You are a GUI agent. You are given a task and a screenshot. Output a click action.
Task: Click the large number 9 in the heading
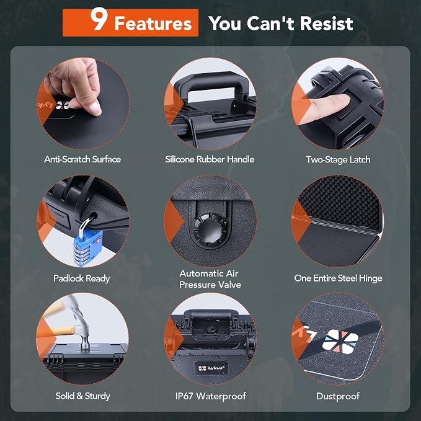tap(99, 19)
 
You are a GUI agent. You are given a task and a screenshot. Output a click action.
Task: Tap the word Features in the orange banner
tap(153, 24)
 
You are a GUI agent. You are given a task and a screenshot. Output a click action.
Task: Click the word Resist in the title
tap(327, 23)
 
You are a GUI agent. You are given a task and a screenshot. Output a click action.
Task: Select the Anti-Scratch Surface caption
tap(82, 159)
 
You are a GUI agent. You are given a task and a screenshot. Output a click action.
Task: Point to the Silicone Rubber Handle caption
tap(210, 159)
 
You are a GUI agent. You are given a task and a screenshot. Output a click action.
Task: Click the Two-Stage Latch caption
tap(338, 159)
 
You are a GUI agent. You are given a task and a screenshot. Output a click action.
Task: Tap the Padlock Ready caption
tap(82, 278)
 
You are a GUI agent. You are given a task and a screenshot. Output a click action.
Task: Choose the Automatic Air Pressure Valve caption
tap(210, 279)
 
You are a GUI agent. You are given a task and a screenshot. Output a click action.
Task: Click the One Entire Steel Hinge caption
tap(338, 278)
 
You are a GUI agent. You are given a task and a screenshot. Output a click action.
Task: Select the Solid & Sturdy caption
tap(82, 396)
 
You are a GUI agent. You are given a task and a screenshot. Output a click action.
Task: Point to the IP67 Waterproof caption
tap(211, 396)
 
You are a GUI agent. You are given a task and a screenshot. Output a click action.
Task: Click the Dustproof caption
tap(338, 396)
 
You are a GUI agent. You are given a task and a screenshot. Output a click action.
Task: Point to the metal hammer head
tap(82, 332)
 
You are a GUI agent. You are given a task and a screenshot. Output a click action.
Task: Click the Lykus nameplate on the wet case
tap(211, 368)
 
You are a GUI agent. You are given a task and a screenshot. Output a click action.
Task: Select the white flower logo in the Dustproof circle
tap(340, 341)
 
